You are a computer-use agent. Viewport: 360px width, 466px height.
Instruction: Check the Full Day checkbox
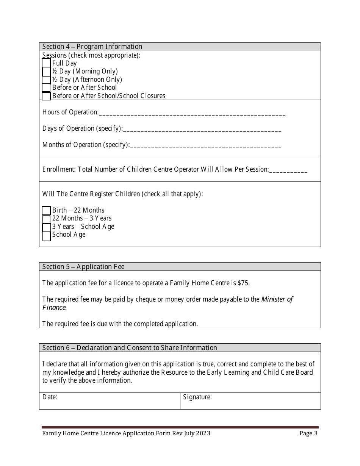(x=46, y=63)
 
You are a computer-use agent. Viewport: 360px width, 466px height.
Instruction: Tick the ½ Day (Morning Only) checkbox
(x=46, y=71)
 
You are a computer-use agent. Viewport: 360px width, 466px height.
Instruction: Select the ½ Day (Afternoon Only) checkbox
(x=46, y=80)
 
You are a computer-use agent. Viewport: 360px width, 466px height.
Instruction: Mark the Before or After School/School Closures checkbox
(x=46, y=96)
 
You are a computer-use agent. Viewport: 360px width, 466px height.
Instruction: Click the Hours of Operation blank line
(x=192, y=113)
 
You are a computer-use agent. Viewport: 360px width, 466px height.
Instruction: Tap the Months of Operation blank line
(x=205, y=145)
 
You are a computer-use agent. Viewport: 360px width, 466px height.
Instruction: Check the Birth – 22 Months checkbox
(x=46, y=211)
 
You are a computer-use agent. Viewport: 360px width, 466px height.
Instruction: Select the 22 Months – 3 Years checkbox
(x=46, y=219)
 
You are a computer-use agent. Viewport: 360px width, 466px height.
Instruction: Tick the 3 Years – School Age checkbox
(x=46, y=227)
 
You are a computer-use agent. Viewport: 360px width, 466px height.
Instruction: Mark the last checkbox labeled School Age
(x=46, y=236)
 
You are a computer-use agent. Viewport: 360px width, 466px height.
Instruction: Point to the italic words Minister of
(x=277, y=299)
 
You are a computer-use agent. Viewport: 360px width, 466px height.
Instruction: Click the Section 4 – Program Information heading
(x=92, y=47)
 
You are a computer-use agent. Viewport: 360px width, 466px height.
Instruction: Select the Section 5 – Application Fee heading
(x=83, y=267)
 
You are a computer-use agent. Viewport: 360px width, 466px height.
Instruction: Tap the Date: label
(x=50, y=397)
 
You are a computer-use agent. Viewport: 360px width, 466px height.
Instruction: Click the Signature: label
(x=197, y=397)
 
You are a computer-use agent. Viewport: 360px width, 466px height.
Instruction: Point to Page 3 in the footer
(x=308, y=433)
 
